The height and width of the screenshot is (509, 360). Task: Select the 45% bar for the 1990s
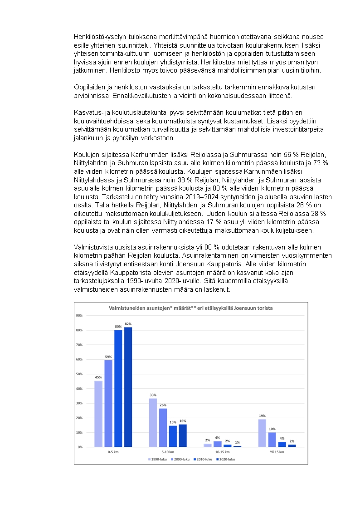coord(98,414)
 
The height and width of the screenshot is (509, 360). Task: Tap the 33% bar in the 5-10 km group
coord(153,422)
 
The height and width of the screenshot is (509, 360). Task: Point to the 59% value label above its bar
coord(108,357)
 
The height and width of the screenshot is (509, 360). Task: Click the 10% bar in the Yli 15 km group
coord(272,439)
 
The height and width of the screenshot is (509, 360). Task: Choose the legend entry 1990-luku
coord(157,459)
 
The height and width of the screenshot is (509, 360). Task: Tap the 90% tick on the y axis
coord(79,316)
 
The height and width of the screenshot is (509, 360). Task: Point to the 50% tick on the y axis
coord(79,374)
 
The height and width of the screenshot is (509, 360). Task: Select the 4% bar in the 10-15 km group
coord(217,444)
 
